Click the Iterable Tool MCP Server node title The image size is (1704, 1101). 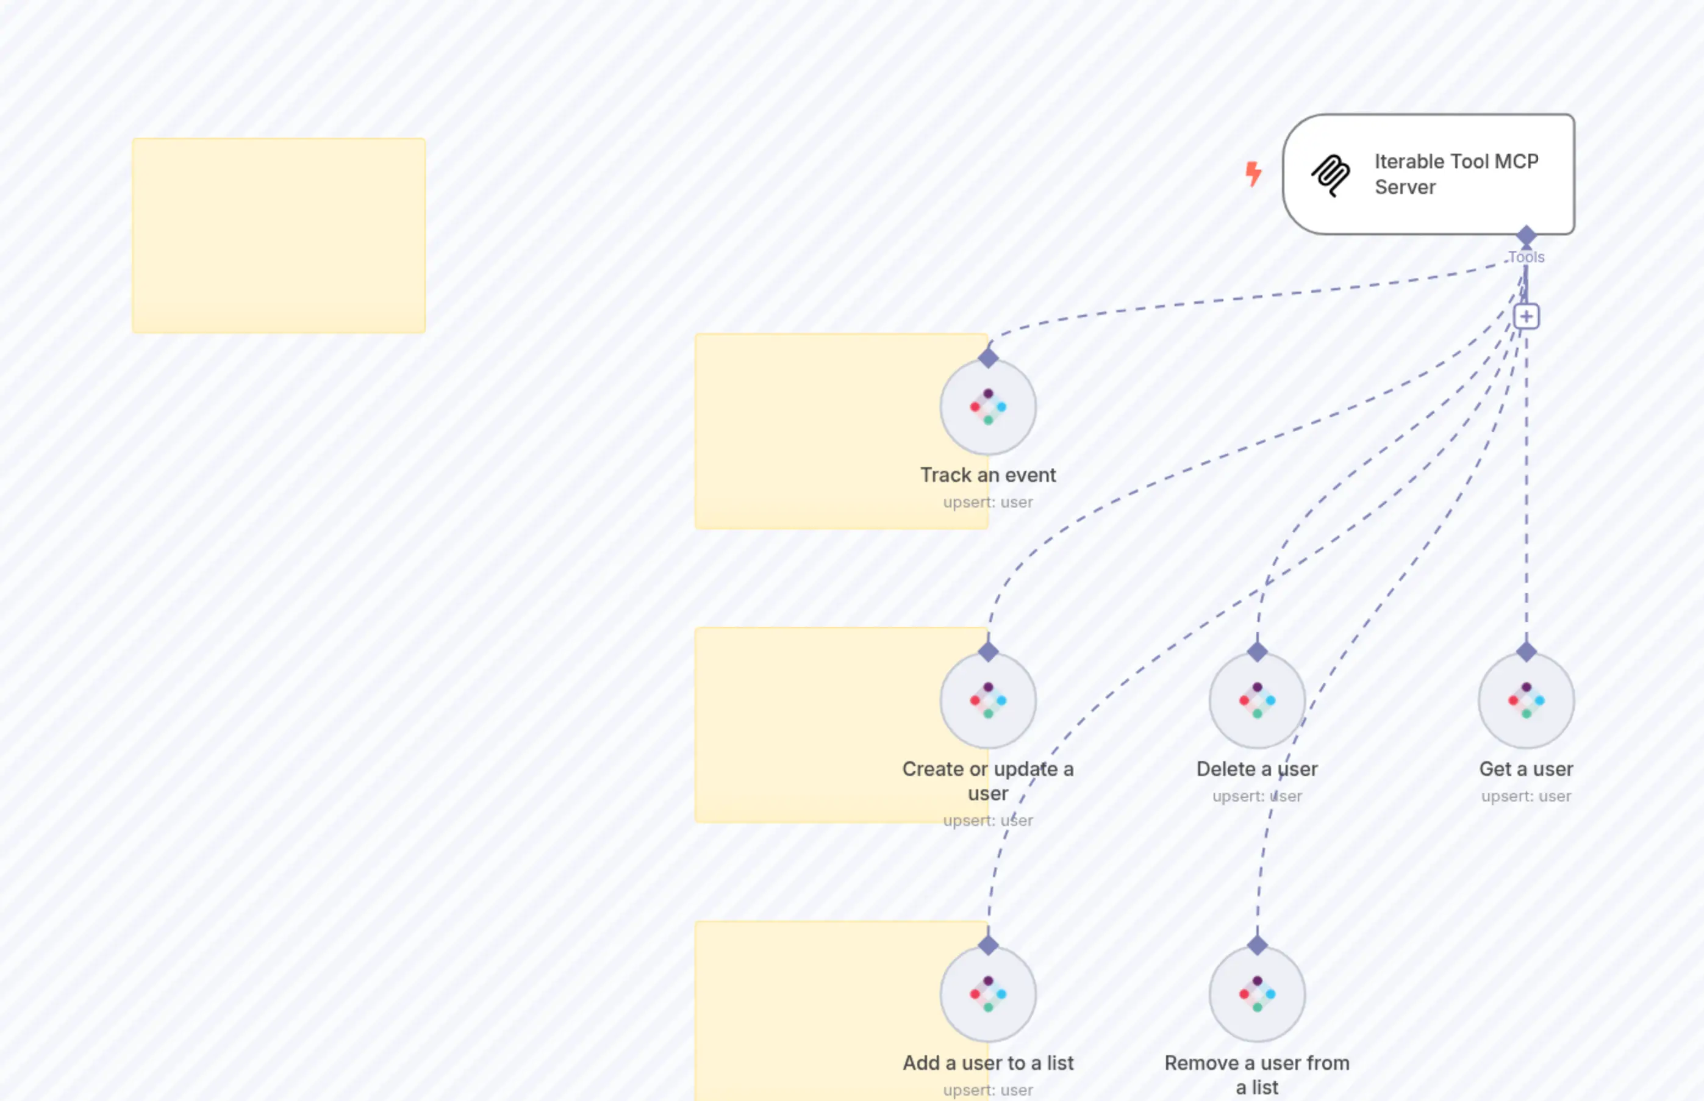click(1455, 174)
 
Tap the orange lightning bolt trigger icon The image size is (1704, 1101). click(1253, 174)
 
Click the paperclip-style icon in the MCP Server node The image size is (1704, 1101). click(1331, 174)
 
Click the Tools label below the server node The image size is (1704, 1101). click(1526, 257)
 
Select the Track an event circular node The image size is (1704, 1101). click(988, 407)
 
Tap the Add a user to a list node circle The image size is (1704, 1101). click(988, 994)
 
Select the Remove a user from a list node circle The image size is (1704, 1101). click(1256, 994)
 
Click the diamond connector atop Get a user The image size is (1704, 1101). click(1526, 651)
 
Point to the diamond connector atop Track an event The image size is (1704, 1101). click(988, 357)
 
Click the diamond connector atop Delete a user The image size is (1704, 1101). click(1256, 651)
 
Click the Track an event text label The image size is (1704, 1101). click(988, 475)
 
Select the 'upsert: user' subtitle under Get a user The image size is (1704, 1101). click(1526, 796)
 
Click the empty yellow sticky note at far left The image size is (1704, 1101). click(279, 236)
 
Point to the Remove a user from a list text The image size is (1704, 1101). click(1256, 1075)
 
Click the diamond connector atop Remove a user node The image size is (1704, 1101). click(1256, 945)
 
